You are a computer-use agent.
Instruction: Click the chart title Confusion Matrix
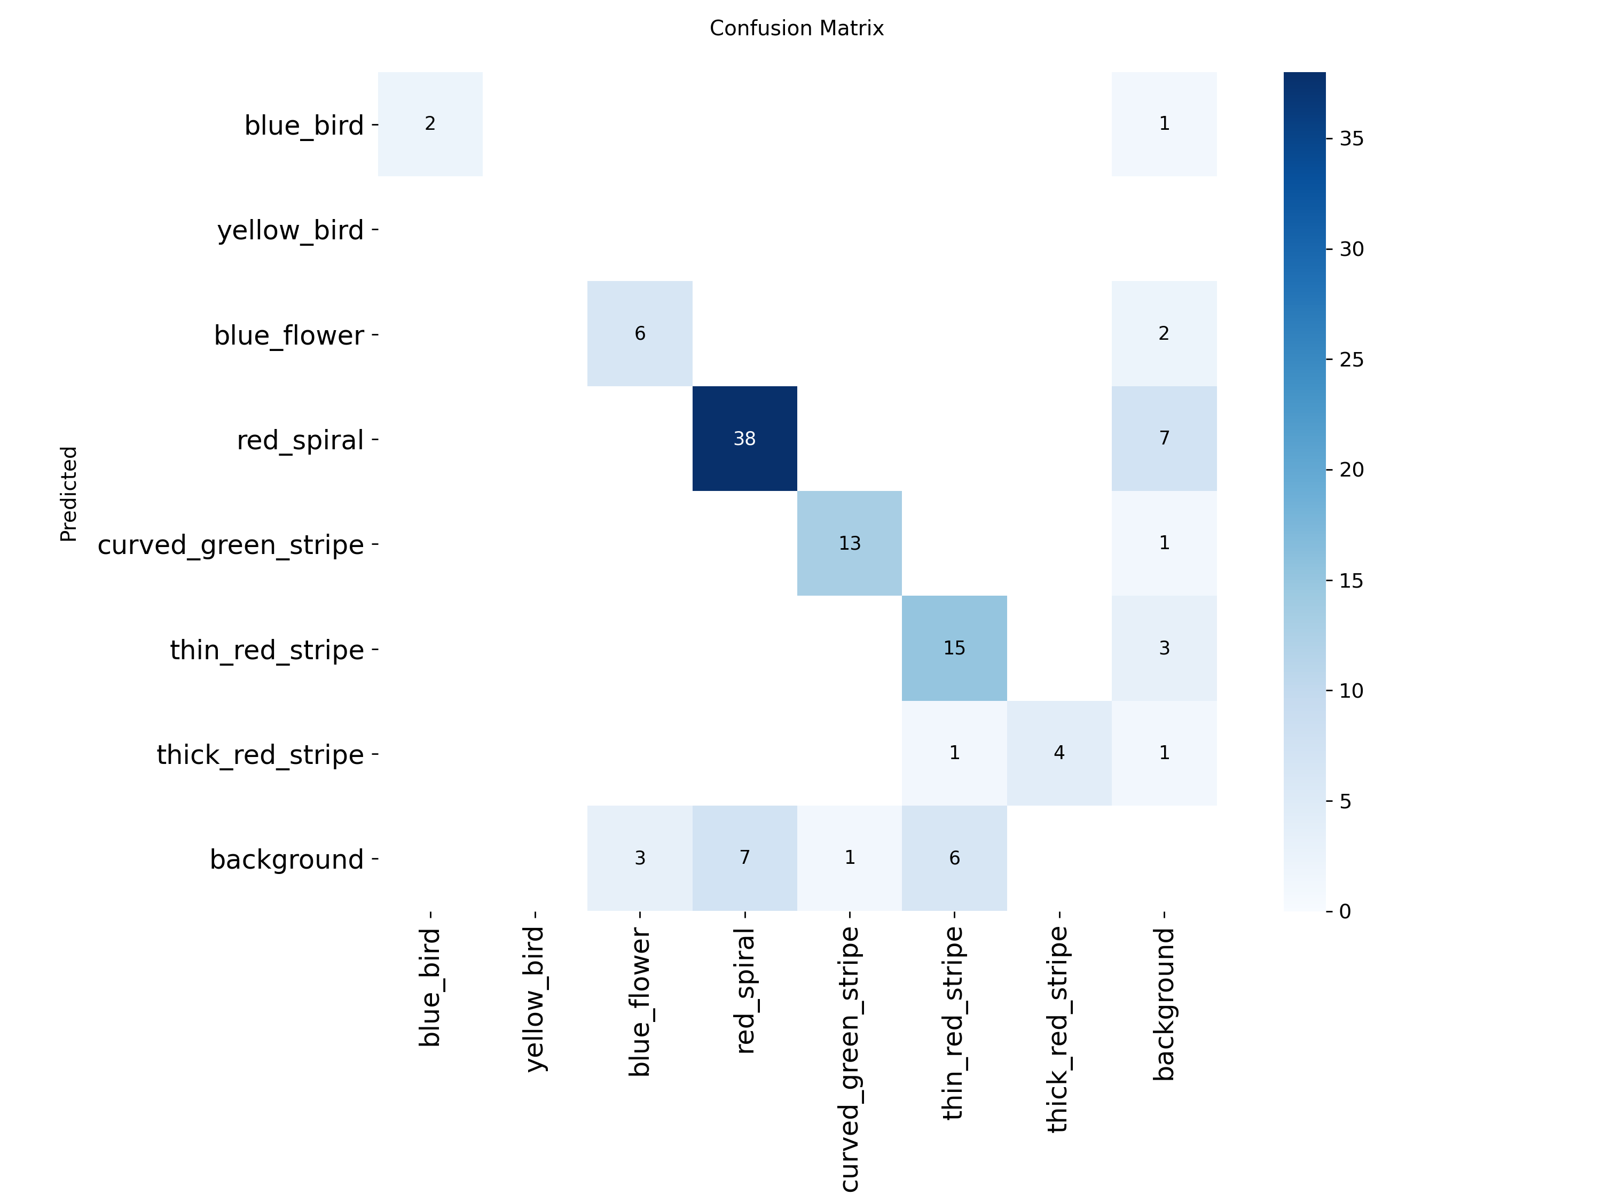797,28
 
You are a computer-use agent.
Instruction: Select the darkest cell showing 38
744,439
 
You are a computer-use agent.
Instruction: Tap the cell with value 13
850,543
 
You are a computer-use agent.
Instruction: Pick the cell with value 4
1059,753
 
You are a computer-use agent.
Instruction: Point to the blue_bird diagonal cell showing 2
430,124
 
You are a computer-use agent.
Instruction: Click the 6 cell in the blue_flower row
640,333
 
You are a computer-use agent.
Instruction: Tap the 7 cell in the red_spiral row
1164,439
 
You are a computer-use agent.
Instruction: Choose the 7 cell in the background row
744,858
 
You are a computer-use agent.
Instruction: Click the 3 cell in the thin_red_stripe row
1164,647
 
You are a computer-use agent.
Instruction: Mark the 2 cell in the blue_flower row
1164,333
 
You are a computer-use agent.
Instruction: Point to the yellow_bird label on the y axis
290,230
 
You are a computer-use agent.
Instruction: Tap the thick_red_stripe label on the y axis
260,755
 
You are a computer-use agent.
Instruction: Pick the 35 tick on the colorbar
1350,138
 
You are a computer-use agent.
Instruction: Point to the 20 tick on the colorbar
1350,470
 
